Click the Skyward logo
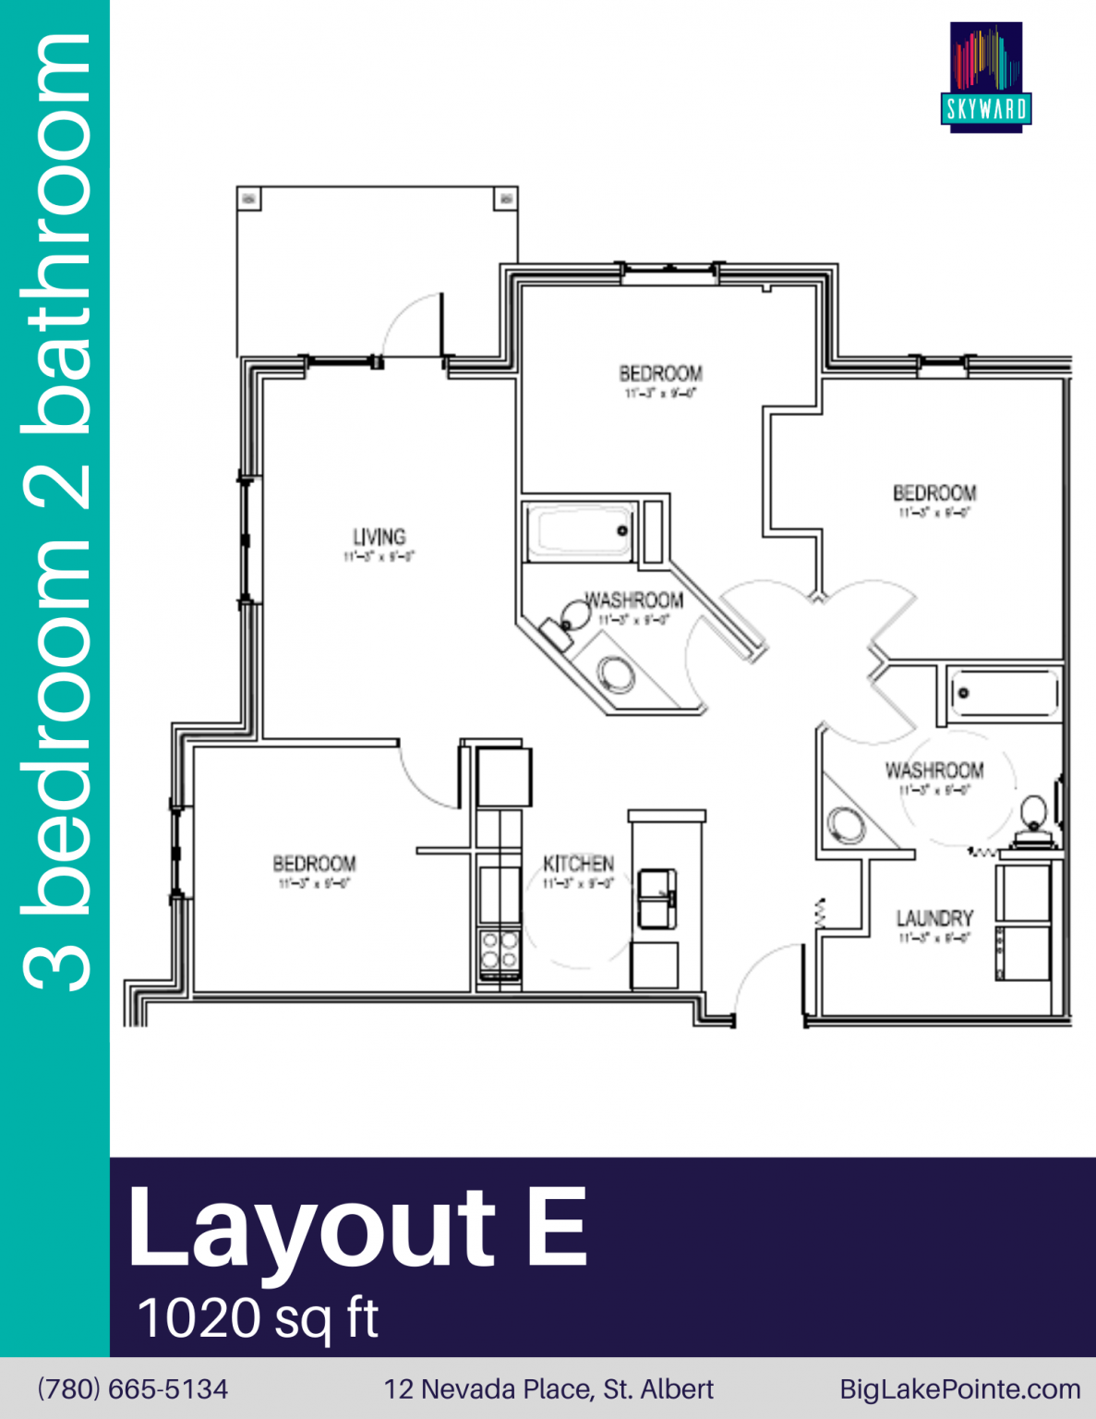(986, 77)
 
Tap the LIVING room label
(379, 537)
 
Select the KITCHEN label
(578, 864)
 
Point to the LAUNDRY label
(934, 918)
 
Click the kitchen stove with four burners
(500, 951)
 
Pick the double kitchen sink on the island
(656, 899)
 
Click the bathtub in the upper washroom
(580, 531)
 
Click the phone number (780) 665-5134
(132, 1389)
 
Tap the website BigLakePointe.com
(959, 1389)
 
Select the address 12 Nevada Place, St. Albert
(548, 1389)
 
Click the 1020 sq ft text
(258, 1317)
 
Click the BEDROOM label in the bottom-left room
(314, 864)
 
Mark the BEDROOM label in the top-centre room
(660, 373)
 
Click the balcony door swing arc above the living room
(411, 323)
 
